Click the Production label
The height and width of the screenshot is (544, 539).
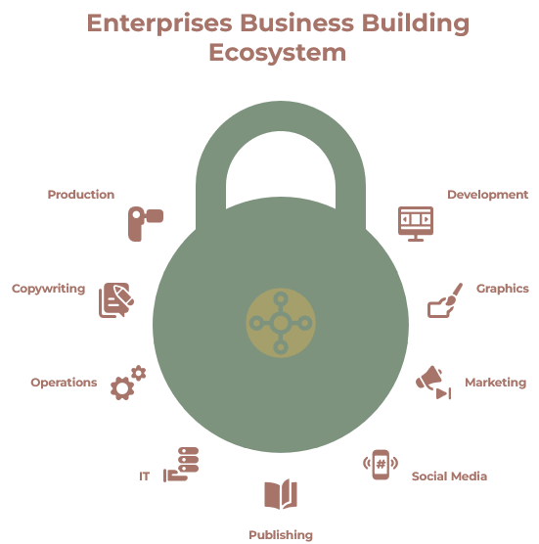pos(81,195)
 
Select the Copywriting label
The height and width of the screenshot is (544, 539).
pos(49,289)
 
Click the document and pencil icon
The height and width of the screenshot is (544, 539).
pos(116,300)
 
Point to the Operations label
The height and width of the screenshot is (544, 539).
pos(64,383)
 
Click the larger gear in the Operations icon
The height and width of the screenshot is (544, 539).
pos(122,388)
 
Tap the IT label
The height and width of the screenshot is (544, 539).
pos(145,476)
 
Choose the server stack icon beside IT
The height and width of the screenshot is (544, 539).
pos(181,465)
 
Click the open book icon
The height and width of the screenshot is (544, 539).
pos(281,494)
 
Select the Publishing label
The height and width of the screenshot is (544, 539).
pos(281,535)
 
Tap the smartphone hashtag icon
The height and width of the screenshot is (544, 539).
pos(381,465)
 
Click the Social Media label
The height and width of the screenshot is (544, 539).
pos(449,476)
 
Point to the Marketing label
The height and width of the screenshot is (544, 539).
pos(495,383)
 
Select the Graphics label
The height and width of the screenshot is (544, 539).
pos(502,289)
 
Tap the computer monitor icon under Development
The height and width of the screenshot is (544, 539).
pos(416,224)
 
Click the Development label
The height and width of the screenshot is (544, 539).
pos(488,195)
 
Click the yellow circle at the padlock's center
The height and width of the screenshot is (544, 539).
pos(281,323)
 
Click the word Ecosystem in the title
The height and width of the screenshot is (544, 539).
pos(278,53)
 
